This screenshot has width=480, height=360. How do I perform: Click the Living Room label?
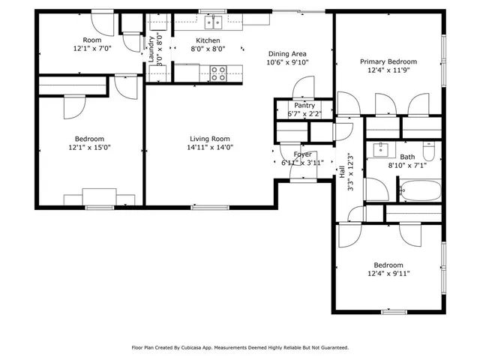tap(209, 139)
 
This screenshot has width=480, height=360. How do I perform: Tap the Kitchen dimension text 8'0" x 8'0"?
tap(208, 49)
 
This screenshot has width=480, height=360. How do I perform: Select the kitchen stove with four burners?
tap(218, 73)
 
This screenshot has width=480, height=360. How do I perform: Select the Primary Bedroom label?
tap(388, 61)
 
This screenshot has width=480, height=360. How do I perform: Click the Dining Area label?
tap(287, 53)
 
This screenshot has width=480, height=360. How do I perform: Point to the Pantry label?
tap(304, 106)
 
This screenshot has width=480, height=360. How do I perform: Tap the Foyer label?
tap(302, 154)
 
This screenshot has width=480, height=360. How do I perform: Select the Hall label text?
tap(342, 172)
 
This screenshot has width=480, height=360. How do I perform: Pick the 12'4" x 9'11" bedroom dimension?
tap(388, 274)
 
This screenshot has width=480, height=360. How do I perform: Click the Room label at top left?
tap(91, 40)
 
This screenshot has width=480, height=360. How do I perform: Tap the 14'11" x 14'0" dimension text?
tap(209, 148)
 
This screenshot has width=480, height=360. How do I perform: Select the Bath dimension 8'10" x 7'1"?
tap(406, 166)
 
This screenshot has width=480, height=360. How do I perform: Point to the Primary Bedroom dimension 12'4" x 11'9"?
tap(388, 70)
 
